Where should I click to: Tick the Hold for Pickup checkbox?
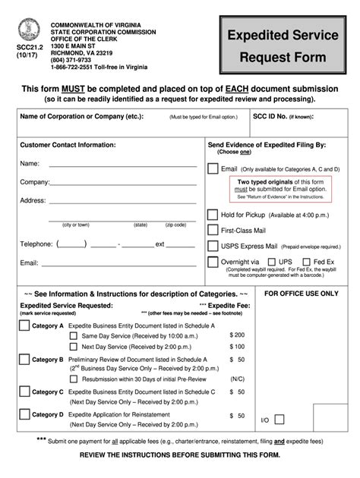point(213,215)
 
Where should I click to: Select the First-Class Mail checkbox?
point(213,231)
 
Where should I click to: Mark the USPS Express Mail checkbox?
point(213,247)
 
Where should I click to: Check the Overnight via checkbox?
point(213,262)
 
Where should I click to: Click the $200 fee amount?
point(236,335)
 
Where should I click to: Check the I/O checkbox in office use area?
point(279,419)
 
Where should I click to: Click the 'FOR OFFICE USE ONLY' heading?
point(300,293)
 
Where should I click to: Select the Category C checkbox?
point(24,392)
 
